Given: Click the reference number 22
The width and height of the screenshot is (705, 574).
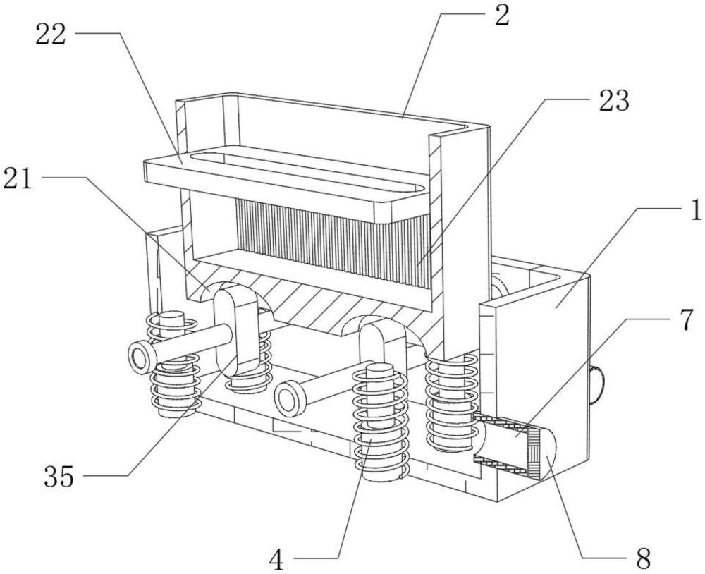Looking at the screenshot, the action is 51,35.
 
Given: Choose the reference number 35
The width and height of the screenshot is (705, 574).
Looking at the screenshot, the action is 59,477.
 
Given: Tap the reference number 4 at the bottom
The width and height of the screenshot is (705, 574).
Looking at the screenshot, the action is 277,560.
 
